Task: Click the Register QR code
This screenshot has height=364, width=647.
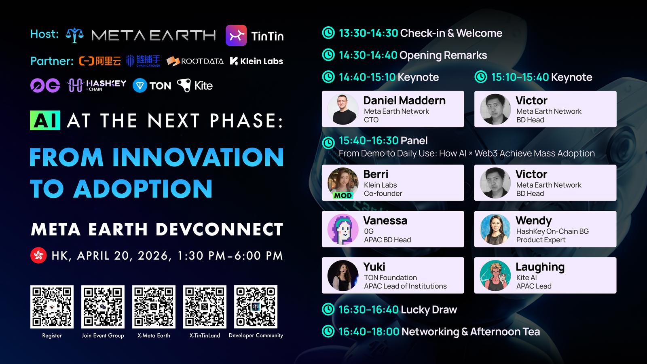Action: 52,307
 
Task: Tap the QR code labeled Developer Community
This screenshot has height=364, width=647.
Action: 256,307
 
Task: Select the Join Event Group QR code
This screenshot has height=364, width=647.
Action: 103,307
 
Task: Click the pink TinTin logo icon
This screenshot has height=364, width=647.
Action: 236,35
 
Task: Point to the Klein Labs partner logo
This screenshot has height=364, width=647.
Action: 256,61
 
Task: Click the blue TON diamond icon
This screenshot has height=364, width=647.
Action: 140,85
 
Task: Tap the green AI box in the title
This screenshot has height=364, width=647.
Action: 45,120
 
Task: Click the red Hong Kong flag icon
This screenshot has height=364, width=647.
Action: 38,255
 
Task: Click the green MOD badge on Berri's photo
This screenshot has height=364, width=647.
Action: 343,196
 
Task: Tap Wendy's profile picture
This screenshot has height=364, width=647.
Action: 495,229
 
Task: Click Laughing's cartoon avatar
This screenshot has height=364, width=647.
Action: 495,275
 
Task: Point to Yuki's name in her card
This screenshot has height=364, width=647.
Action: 374,267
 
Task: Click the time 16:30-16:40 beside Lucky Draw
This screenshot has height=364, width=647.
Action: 368,310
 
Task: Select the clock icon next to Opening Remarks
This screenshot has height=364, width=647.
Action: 328,55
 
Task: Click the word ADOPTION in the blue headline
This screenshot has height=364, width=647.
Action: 143,188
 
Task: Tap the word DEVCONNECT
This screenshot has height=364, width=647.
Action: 220,229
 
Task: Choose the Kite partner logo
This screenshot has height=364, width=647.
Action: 195,85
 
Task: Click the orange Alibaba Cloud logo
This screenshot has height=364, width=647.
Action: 100,61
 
